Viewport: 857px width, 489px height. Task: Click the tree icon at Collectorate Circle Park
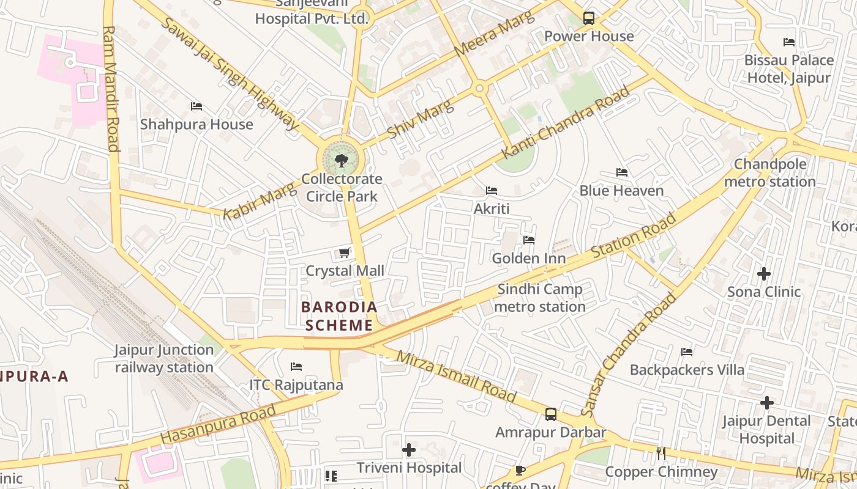pyautogui.click(x=342, y=161)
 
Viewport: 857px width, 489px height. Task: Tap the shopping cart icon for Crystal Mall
pyautogui.click(x=345, y=253)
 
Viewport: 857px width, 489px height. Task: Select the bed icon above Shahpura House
pyautogui.click(x=196, y=106)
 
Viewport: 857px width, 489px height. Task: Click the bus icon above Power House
pyautogui.click(x=589, y=18)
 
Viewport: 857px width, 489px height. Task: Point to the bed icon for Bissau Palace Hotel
pyautogui.click(x=789, y=42)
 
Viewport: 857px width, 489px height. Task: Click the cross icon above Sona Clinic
pyautogui.click(x=764, y=274)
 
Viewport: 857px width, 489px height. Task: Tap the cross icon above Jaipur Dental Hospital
pyautogui.click(x=766, y=403)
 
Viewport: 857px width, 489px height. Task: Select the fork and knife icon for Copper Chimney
pyautogui.click(x=661, y=454)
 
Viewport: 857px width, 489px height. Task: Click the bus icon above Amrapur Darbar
pyautogui.click(x=551, y=414)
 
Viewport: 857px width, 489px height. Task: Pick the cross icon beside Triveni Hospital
pyautogui.click(x=409, y=450)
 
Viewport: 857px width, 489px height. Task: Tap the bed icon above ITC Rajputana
pyautogui.click(x=296, y=367)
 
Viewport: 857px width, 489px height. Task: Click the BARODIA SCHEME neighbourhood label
pyautogui.click(x=339, y=316)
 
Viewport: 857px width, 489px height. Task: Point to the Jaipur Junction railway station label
pyautogui.click(x=164, y=359)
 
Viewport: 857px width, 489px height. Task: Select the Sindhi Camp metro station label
pyautogui.click(x=540, y=298)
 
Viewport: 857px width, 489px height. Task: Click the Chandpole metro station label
pyautogui.click(x=770, y=173)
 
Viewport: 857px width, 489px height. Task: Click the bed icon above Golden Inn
pyautogui.click(x=529, y=240)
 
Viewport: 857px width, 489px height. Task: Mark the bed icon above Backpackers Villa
pyautogui.click(x=687, y=352)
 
